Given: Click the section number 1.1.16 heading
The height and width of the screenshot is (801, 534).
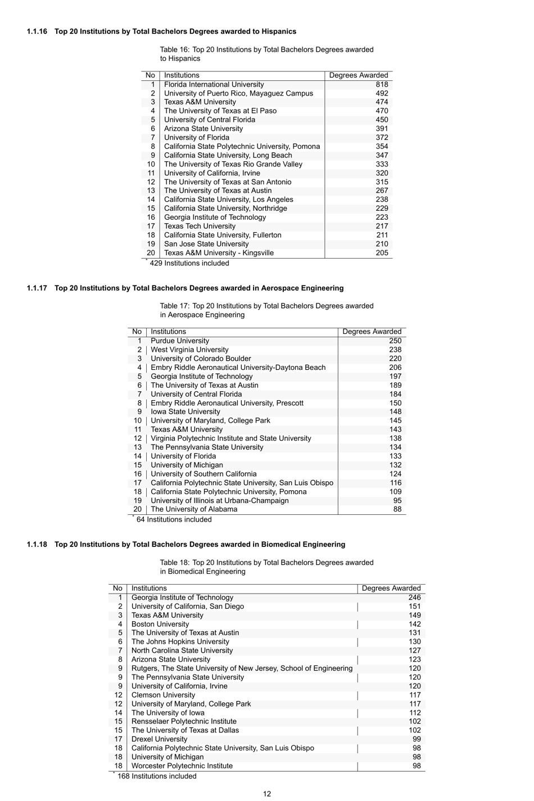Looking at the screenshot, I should pos(38,31).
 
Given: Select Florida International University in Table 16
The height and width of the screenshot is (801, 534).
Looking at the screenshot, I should pos(214,84).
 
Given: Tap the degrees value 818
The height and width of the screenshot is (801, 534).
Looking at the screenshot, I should pos(382,84).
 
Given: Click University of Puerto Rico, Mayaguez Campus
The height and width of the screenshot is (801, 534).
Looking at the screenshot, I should pos(238,93).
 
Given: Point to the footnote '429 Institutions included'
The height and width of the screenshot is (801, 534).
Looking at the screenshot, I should pos(189,263).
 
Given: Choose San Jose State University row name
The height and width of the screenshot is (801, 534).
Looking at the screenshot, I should pos(206,244).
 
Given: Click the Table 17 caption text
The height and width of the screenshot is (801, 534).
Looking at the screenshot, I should pos(266,310).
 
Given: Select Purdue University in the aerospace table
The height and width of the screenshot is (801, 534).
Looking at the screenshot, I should pos(179,341).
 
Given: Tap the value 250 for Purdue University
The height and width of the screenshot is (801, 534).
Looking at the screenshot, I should pos(395,341).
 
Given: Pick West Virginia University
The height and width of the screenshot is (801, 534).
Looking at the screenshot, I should pos(189,350).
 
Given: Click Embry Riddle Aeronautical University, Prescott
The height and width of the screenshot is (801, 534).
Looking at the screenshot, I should pos(227,403).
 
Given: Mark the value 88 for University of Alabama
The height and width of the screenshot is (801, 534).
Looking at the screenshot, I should pos(397,509).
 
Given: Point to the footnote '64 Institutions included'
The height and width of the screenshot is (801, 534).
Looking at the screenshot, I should pos(174,519).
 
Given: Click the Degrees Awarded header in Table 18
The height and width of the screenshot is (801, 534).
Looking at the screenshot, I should pos(391,588).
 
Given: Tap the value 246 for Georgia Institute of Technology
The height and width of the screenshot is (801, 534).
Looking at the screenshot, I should pos(414,598).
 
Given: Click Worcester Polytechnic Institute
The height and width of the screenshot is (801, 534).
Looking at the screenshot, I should pos(182,766).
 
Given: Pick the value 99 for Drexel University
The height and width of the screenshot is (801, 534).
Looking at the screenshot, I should pos(417,739).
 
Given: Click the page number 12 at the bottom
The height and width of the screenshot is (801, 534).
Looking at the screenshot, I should pos(267,794).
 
